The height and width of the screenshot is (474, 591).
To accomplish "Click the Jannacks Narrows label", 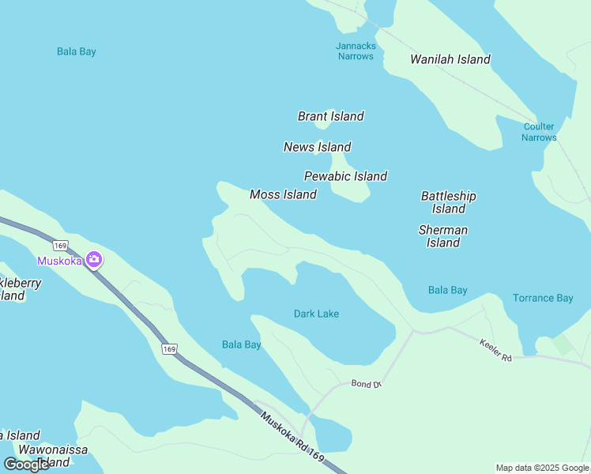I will tap(355, 51).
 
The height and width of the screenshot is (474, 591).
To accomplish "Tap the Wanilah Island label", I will tap(450, 59).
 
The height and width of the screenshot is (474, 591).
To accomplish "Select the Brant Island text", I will tap(330, 116).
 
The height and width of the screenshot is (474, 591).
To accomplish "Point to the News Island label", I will tap(317, 147).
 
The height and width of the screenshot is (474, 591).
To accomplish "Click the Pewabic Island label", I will tap(345, 176).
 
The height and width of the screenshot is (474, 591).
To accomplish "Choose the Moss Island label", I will tap(283, 194).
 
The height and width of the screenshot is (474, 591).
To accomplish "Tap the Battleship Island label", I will tap(448, 202).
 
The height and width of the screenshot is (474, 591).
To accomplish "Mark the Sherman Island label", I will tap(442, 236).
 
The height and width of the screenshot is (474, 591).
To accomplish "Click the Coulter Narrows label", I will tap(539, 132).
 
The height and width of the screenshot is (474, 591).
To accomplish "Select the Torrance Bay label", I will tap(542, 298).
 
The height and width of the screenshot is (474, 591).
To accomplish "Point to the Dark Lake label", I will tap(316, 314).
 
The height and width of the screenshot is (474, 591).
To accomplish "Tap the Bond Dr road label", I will tap(366, 384).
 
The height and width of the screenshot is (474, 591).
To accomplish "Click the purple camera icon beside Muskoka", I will tap(94, 259).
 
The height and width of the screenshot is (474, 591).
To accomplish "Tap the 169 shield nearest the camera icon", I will tap(62, 246).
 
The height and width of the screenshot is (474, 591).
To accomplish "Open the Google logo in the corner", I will tap(26, 465).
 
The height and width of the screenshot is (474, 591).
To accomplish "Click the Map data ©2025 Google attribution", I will tap(542, 468).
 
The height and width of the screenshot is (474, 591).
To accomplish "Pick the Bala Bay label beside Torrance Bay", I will tap(447, 290).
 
